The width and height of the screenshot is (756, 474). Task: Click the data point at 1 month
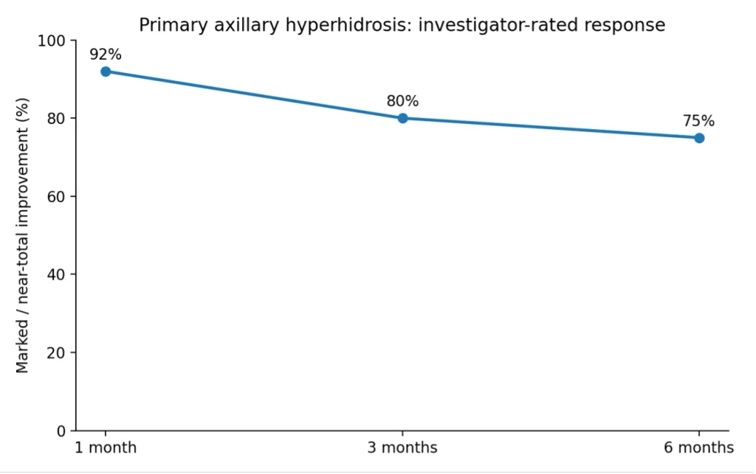coord(106,72)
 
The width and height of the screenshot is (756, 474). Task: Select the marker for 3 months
coord(402,119)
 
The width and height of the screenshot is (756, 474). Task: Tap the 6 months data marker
coord(699,138)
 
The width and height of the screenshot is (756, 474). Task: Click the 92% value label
coord(106,55)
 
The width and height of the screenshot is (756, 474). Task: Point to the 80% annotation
coord(402,101)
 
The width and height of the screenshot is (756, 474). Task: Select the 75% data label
coord(698,121)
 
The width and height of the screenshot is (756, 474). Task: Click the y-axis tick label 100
coord(52,41)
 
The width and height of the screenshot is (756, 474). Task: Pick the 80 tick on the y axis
coord(56,119)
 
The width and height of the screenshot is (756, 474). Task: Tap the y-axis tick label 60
coord(56,196)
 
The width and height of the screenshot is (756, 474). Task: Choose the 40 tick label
coord(56,274)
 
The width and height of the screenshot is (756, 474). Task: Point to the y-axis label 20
coord(56,352)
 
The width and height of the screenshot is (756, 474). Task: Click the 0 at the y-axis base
coord(61,431)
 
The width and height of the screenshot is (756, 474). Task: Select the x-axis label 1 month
coord(106,447)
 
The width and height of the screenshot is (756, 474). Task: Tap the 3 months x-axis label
coord(402,447)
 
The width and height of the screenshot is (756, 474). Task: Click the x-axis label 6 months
coord(699,447)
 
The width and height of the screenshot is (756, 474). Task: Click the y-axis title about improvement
coord(22,235)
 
